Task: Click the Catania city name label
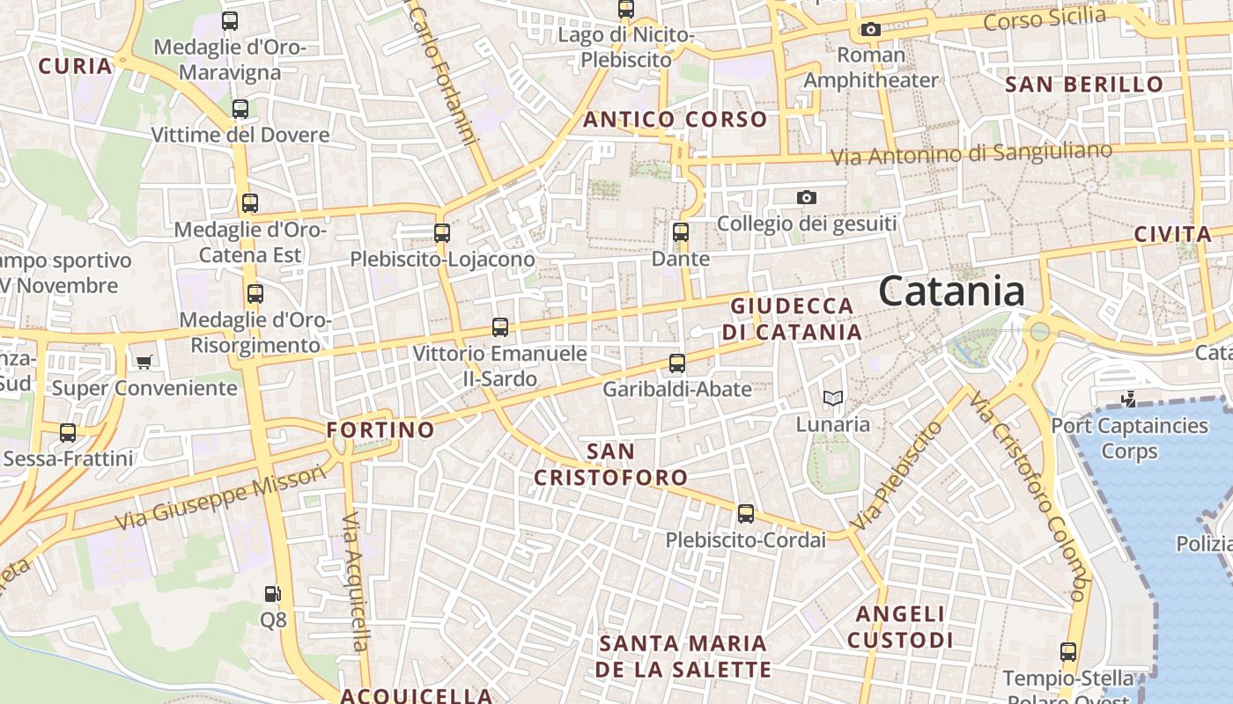coord(951,291)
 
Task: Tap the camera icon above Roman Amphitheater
coord(870,30)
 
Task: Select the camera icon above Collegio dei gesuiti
coord(806,198)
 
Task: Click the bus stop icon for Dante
coord(680,232)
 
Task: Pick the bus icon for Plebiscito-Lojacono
coord(442,233)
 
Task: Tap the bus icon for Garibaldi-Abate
coord(676,363)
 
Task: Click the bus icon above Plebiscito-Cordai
coord(745,514)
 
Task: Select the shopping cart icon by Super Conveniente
coord(144,362)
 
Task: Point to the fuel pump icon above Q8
coord(273,594)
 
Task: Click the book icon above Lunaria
coord(832,399)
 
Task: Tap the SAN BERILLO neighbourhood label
coord(1084,85)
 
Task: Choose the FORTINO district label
coord(380,430)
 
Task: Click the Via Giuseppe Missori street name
coord(220,498)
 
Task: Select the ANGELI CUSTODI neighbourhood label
coord(900,627)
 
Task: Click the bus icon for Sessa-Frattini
coord(68,433)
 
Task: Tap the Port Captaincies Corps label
coord(1130,438)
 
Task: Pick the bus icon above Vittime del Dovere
coord(240,109)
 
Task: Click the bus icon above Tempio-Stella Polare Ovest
coord(1067,652)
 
